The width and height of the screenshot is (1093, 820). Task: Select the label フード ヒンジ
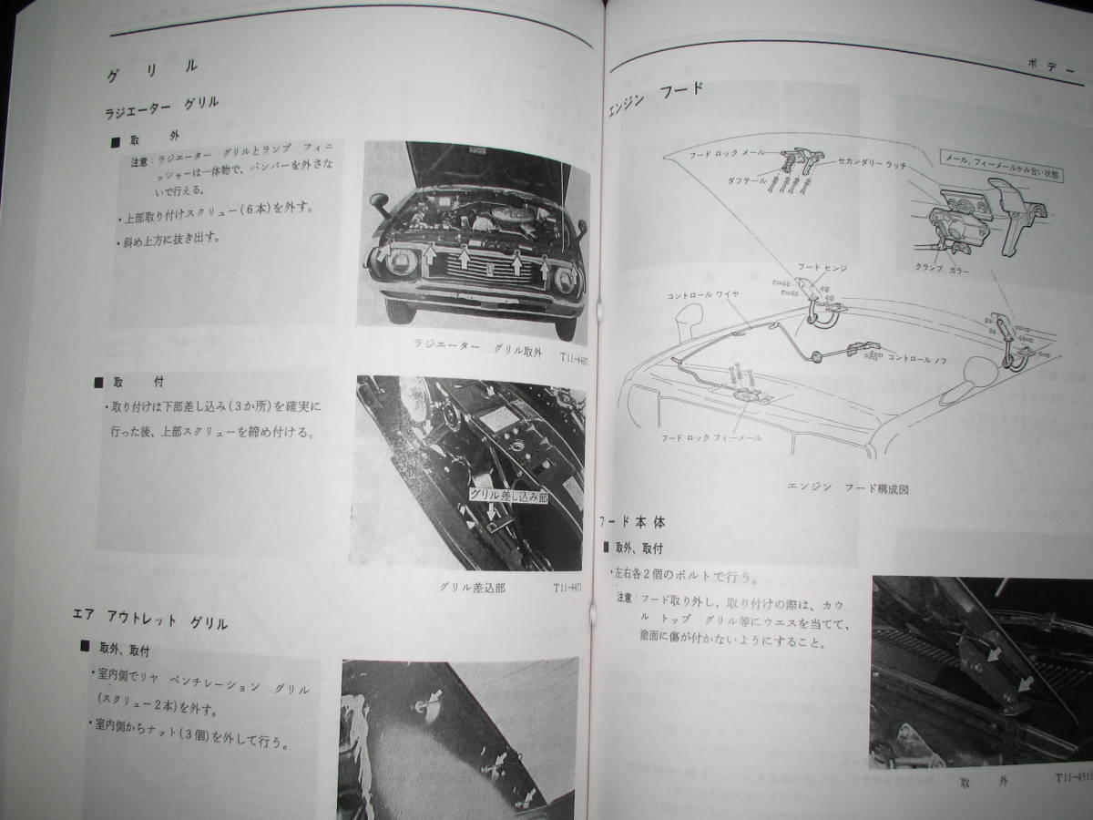[x=822, y=267]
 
